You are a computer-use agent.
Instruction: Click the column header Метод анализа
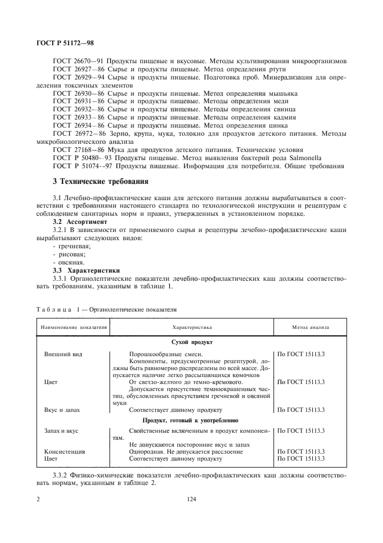tap(311, 327)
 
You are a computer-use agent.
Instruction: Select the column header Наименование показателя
tap(74, 327)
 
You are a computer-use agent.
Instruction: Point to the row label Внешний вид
tap(61, 353)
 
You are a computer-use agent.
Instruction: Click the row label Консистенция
tap(64, 451)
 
